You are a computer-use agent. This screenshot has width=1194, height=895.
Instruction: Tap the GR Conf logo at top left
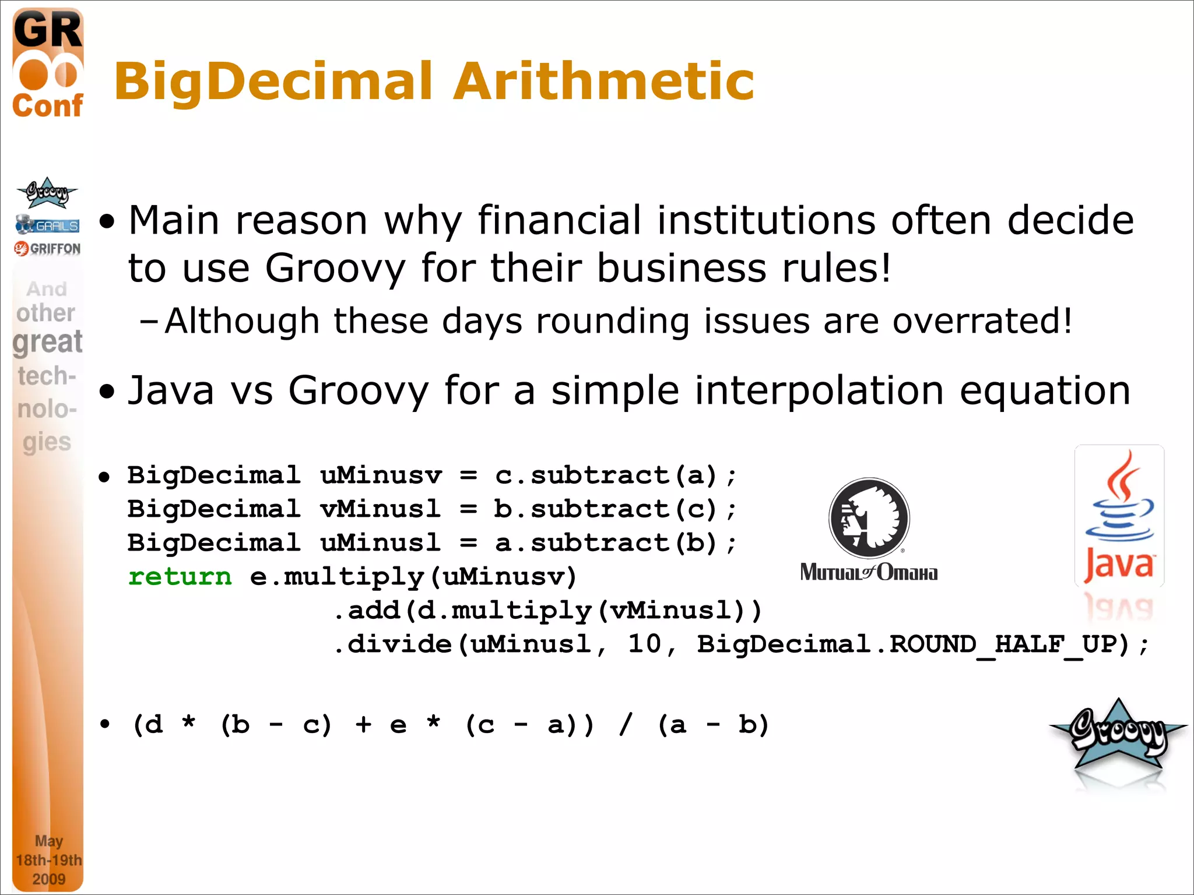click(48, 64)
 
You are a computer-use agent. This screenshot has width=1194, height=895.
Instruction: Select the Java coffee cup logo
click(1119, 516)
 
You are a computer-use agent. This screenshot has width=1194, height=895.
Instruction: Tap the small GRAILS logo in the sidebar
click(48, 225)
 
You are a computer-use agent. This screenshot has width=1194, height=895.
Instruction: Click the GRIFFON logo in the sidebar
click(48, 249)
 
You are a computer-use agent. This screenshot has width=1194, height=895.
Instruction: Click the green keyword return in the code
click(180, 577)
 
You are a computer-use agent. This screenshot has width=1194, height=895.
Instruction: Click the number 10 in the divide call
click(644, 644)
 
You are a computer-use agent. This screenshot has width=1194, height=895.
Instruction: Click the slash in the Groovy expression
click(626, 725)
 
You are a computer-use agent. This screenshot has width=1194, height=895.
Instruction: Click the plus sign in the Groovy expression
click(363, 725)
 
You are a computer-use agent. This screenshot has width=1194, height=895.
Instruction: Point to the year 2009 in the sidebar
click(49, 879)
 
